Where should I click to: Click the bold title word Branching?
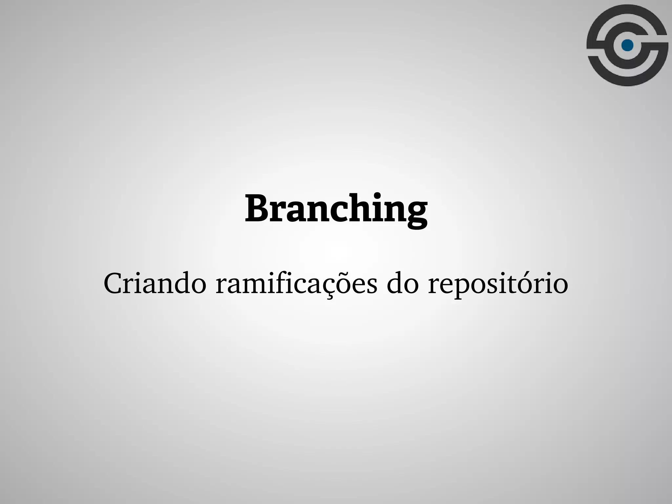(x=336, y=209)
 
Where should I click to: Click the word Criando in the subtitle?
(x=155, y=283)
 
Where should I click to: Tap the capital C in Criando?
(x=113, y=283)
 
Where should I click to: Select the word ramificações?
(x=297, y=283)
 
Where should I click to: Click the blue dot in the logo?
(x=627, y=45)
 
